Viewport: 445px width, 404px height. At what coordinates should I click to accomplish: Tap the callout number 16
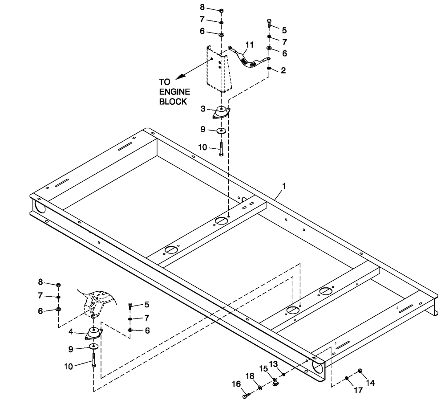point(236,384)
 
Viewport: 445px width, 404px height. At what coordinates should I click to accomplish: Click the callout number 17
point(358,391)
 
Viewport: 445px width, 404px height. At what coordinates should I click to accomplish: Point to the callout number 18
point(250,376)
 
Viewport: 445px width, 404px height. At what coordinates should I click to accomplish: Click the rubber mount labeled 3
point(221,112)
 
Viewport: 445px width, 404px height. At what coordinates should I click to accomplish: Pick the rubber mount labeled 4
point(94,334)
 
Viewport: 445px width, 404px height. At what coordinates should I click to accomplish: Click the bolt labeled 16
point(245,394)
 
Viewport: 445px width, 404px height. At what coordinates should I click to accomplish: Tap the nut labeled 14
point(360,371)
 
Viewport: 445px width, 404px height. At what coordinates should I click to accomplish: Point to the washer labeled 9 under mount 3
point(221,131)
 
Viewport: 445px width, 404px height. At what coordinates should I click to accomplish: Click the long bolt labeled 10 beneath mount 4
point(93,359)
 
